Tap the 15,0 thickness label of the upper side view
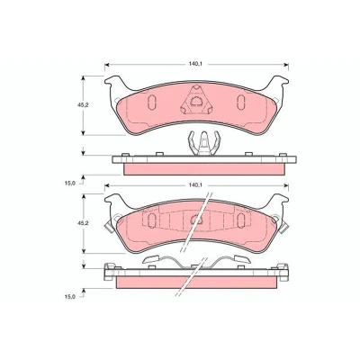(x=69, y=184)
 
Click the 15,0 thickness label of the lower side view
(x=69, y=297)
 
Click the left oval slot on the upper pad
(x=152, y=101)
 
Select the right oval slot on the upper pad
(x=240, y=101)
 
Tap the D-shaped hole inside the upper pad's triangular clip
(x=196, y=101)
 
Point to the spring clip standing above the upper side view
(x=204, y=144)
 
